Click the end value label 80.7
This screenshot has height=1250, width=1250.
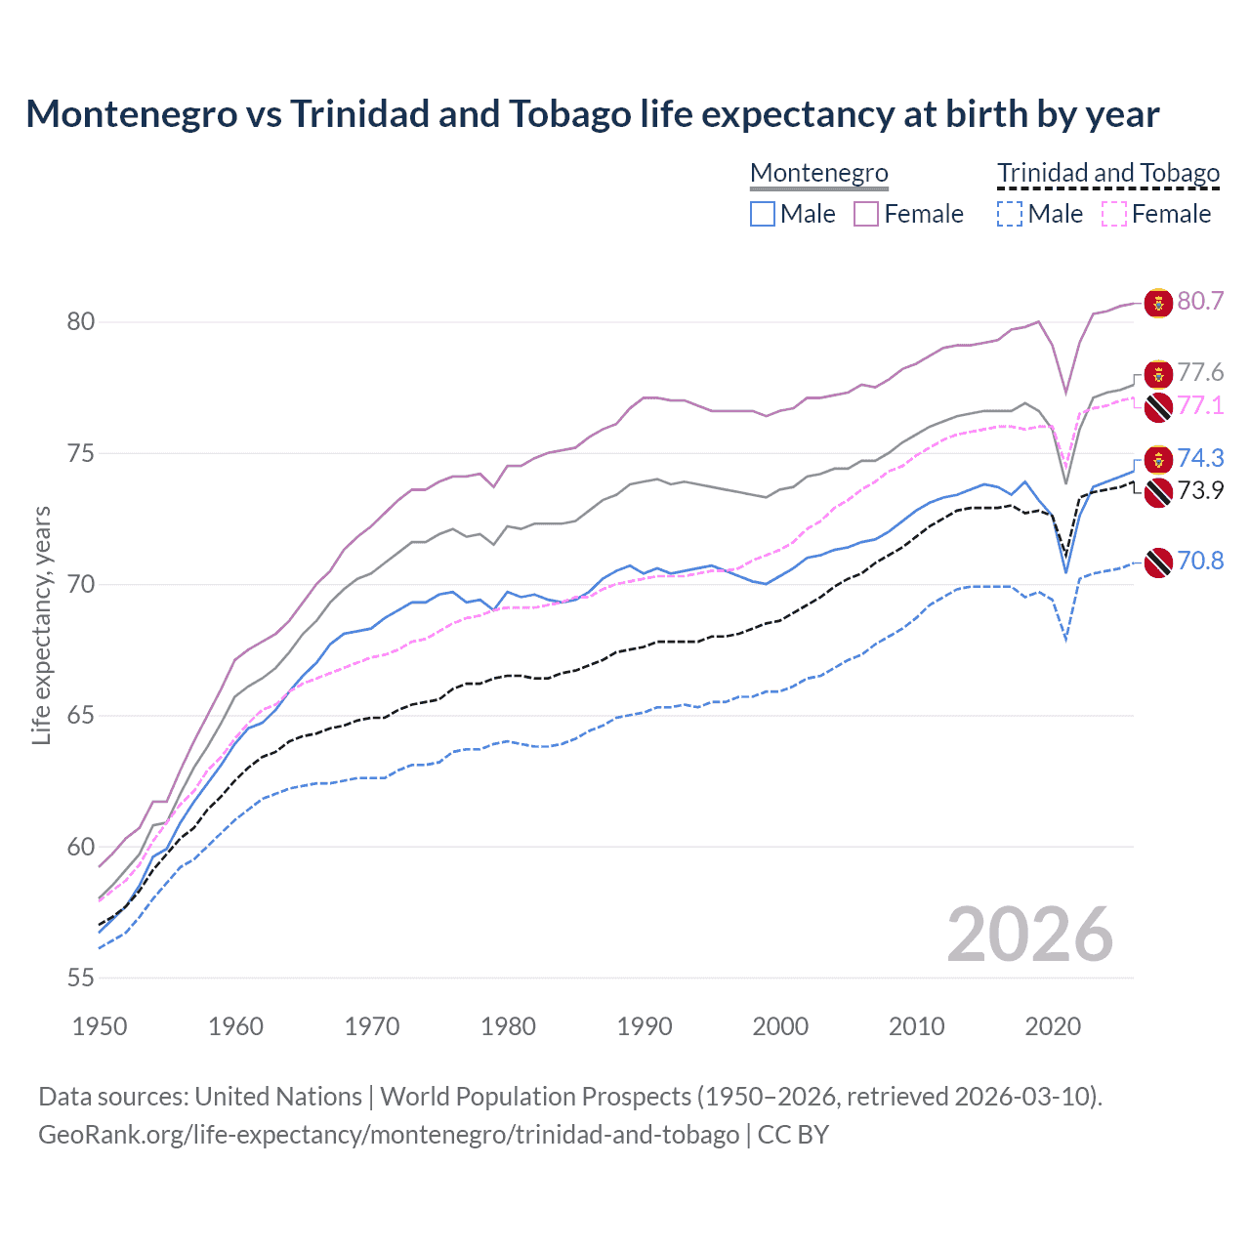[1200, 301]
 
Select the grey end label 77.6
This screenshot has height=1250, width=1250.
[1200, 372]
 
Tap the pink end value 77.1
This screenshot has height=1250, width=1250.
[1200, 405]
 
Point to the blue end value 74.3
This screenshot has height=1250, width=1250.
[1200, 458]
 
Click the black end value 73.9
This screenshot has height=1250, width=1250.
[1200, 490]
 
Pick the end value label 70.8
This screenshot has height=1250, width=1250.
[1200, 561]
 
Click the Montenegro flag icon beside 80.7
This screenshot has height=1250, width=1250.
[1157, 302]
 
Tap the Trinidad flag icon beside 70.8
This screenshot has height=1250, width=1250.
[1157, 562]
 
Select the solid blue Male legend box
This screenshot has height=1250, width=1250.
[763, 214]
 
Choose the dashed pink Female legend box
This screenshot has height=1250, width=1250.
[1114, 214]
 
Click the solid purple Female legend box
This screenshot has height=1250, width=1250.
[866, 214]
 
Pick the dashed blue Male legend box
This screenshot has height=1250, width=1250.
[1010, 214]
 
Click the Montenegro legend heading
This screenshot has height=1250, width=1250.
[818, 173]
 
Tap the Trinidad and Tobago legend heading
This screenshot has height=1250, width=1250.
[1108, 173]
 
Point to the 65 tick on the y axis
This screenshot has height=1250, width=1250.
[80, 716]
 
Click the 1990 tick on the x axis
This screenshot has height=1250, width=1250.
[645, 1026]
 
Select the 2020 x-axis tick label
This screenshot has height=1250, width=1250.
[1053, 1026]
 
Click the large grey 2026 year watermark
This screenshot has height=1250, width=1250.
[1030, 935]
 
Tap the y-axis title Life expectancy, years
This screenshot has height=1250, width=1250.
[41, 625]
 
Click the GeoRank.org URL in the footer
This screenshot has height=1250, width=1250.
[389, 1135]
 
